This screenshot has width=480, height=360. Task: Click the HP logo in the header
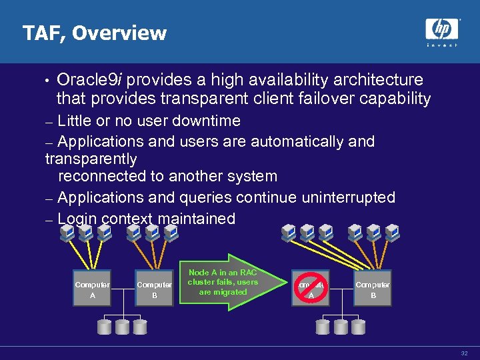[441, 29]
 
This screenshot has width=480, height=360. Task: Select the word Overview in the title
[120, 33]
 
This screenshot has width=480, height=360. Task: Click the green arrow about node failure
[223, 282]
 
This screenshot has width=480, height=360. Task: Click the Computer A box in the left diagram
[92, 289]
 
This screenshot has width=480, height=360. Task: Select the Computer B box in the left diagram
[154, 289]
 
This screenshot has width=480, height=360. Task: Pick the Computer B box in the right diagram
[373, 289]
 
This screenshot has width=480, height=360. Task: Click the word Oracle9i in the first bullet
[89, 80]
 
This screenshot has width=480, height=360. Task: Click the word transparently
[91, 159]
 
